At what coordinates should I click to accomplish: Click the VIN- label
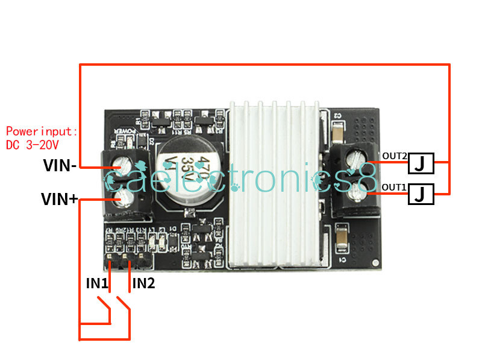(60, 166)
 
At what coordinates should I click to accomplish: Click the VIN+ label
(60, 198)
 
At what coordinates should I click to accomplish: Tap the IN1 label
(96, 283)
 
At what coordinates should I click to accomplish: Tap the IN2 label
(143, 283)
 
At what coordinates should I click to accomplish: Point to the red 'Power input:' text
(42, 131)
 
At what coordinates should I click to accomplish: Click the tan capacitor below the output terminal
(341, 238)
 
